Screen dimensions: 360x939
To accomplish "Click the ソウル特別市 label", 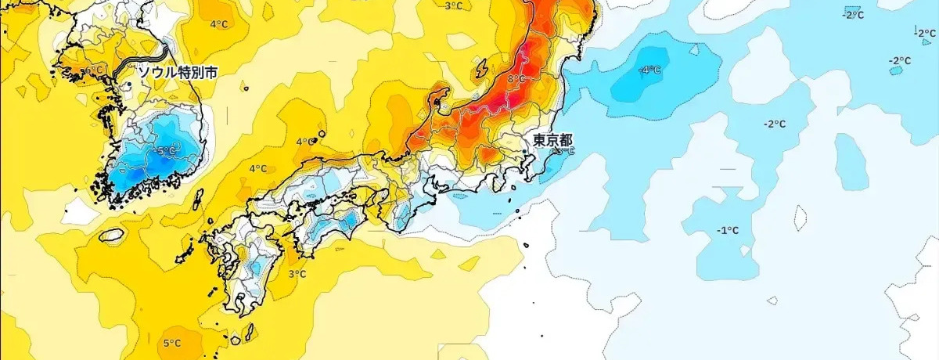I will coord(178,71).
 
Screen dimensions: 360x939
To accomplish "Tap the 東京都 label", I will coord(552,141).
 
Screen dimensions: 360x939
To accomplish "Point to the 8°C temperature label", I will coord(516,79).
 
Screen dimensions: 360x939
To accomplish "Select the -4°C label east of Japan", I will coord(649,70).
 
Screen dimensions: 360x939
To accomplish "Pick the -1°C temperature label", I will coord(729,230).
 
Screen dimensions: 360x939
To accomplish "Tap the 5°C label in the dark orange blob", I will coord(172,343).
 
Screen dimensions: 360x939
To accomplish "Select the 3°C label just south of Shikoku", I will coord(297,274).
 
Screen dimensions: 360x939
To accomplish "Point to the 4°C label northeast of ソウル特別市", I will coord(218,23).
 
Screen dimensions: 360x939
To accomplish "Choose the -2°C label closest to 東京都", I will coord(775,124).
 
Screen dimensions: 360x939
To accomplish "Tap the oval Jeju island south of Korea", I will coord(113,234).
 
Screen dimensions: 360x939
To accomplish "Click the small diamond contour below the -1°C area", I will coord(772,301).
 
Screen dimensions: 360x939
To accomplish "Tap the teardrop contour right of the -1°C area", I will coord(801,216).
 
